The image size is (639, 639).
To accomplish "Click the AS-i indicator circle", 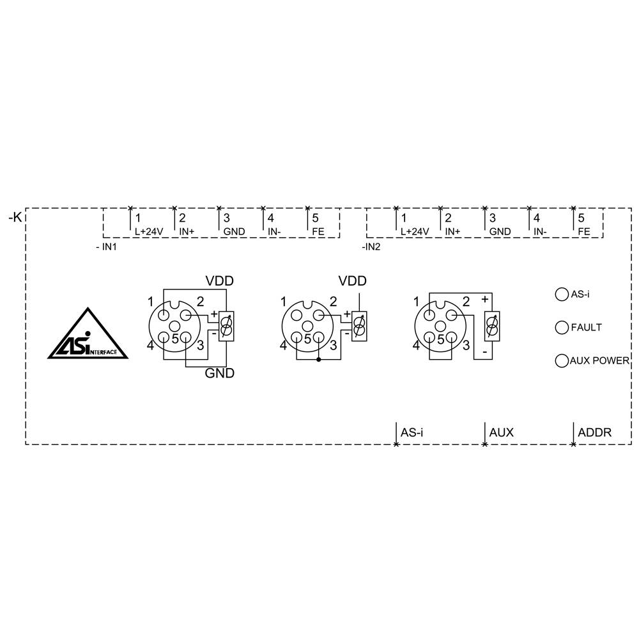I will tap(562, 294).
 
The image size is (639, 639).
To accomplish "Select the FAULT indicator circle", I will tap(562, 327).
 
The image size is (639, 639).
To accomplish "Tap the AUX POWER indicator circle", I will tap(562, 360).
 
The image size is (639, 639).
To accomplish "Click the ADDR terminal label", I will tap(594, 433).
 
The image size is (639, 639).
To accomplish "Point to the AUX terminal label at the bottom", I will tap(501, 433).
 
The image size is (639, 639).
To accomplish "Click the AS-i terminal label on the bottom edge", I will tap(412, 433).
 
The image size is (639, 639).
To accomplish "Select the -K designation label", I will tap(15, 218).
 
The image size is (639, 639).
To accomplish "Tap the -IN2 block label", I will tap(371, 246).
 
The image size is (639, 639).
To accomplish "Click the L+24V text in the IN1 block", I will tap(149, 231).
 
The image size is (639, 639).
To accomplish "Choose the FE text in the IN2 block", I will tap(583, 231).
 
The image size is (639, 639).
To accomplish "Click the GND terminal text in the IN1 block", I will tap(233, 231).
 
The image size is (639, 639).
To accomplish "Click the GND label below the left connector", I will tap(219, 373).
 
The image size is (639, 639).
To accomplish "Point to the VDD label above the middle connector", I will tap(353, 281).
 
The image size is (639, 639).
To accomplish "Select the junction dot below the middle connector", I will tap(319, 360).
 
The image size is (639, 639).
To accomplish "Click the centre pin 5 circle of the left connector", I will tap(174, 327).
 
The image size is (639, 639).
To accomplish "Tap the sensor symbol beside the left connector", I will tap(226, 326).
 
